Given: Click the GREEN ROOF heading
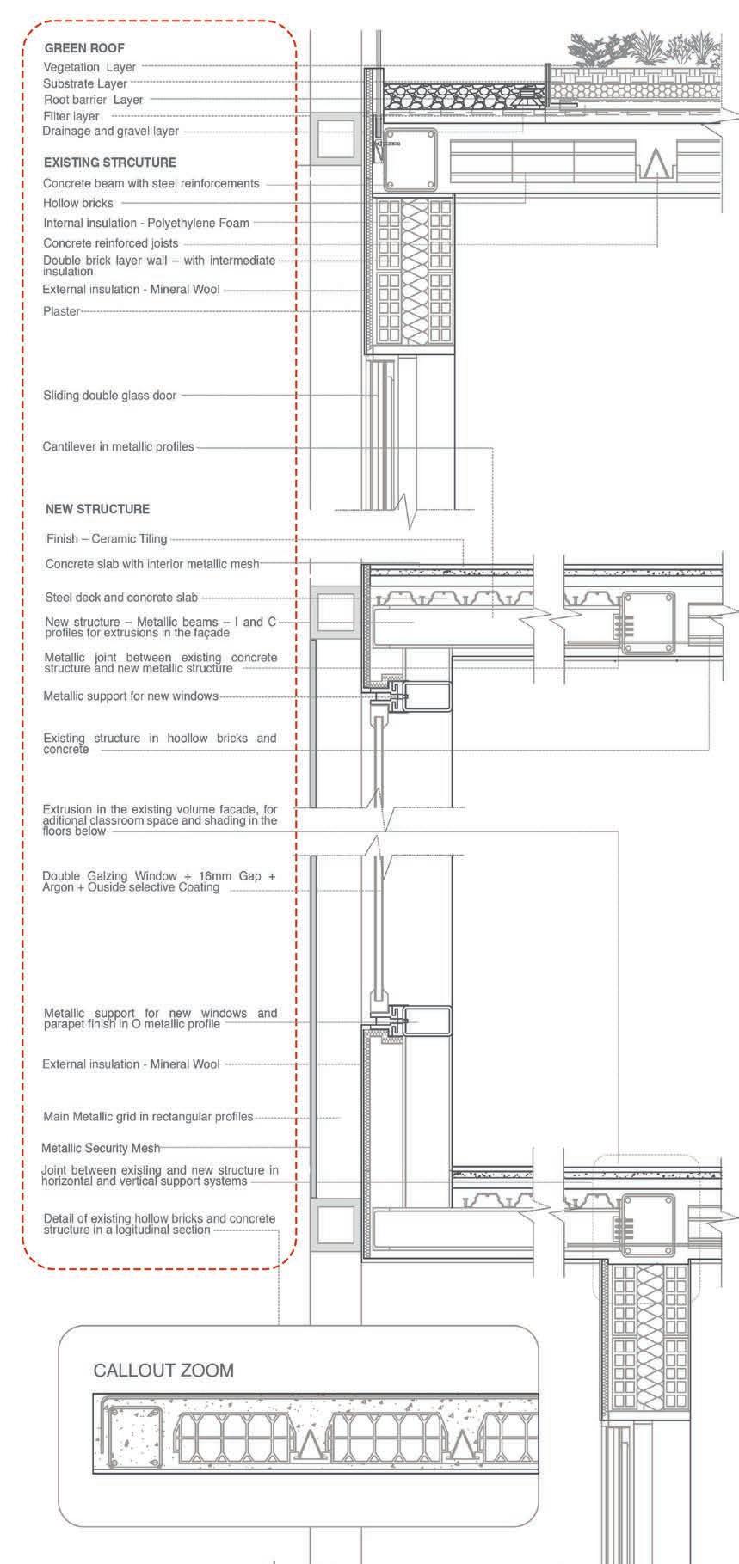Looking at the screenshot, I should point(84,48).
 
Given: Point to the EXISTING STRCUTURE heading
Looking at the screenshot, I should point(109,163).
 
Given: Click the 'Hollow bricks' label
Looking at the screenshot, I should point(78,203).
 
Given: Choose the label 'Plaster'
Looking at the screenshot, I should point(61,311).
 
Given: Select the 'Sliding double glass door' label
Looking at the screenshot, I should point(110,396).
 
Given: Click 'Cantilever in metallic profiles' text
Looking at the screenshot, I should point(119,447).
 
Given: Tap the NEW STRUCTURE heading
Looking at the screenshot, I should point(97,509).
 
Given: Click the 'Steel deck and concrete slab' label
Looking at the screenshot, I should point(121,598).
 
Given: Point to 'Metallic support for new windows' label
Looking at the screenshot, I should point(131,696).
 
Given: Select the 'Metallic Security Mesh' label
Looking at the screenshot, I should point(100,1148).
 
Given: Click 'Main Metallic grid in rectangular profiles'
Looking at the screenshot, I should point(148,1117).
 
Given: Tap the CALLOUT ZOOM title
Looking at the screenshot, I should point(163,1370).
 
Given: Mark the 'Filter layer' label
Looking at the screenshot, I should point(71,116).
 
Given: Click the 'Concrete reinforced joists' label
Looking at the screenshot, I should point(111,243).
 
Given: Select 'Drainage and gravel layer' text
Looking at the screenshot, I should point(111,132).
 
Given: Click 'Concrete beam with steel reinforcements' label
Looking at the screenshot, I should point(151,183).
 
